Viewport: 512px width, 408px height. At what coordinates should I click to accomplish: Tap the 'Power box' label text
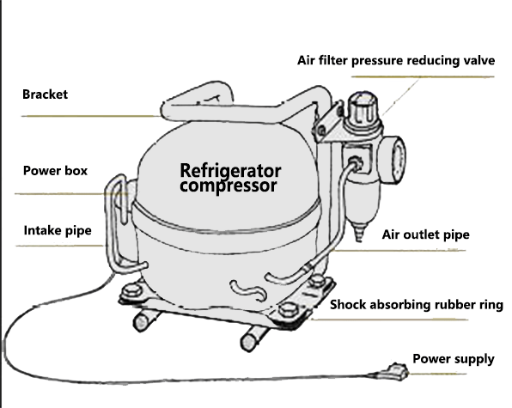pos(55,170)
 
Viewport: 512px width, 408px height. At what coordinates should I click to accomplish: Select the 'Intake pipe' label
pos(58,229)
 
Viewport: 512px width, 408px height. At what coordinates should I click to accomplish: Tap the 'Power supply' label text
pos(453,358)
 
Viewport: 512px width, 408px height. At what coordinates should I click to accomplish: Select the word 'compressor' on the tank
pos(228,185)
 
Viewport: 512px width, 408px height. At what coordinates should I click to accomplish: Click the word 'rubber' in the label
pos(454,304)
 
